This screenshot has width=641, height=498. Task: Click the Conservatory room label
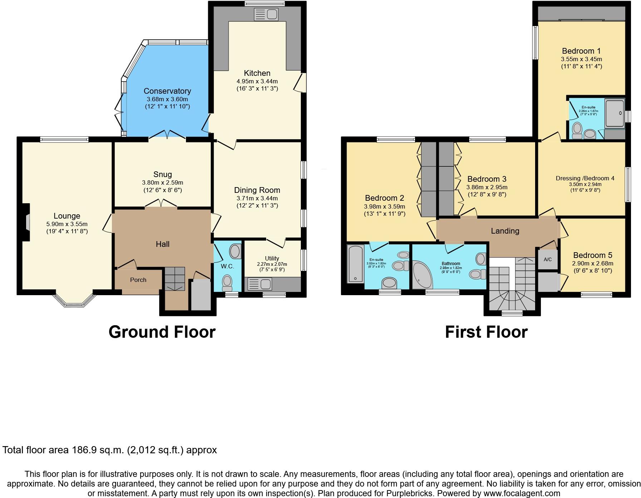coord(167,91)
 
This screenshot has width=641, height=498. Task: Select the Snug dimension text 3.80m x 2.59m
coord(162,182)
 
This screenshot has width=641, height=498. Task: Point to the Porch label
coord(138,280)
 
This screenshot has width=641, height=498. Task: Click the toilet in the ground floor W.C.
coord(227,283)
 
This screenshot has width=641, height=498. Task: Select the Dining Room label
coord(257,190)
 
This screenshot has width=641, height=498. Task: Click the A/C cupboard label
coord(548,259)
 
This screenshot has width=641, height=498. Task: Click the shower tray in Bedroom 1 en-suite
coord(615,113)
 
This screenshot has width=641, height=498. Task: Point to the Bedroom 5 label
coord(592,255)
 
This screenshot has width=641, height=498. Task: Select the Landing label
coord(505,231)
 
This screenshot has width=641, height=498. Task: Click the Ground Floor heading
coord(162,332)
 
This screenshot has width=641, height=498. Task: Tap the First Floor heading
coord(486,332)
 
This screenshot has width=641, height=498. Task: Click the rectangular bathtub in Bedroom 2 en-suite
coord(355,264)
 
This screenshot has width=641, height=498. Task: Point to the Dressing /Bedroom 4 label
coord(585,178)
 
